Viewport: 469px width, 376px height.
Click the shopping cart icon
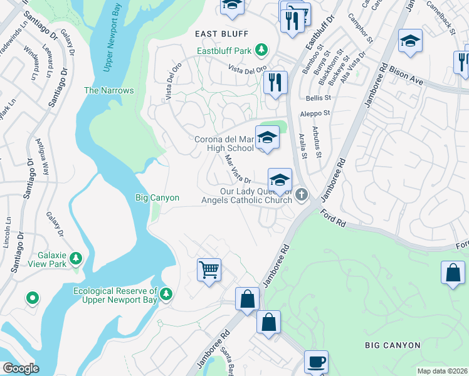pos(208,270)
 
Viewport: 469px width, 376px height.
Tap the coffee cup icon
pos(316,362)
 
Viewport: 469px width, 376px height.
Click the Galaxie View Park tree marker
pos(76,258)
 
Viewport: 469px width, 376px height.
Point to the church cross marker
pos(302,194)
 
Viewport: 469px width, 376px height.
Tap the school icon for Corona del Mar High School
pos(267,137)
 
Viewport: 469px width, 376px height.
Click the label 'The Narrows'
pos(109,90)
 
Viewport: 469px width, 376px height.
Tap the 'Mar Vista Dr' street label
pos(238,169)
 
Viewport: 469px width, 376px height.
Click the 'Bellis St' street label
pos(317,98)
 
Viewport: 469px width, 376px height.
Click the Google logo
pos(20,368)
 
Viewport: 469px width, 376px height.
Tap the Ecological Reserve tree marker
pos(166,293)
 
